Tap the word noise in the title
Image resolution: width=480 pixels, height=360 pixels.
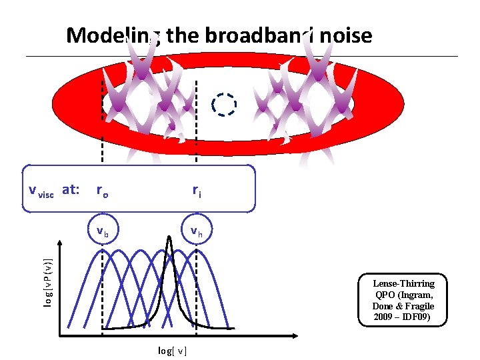coord(344,35)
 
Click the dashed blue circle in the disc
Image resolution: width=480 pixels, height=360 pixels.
coord(223,105)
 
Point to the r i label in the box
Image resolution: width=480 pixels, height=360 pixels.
coord(197,191)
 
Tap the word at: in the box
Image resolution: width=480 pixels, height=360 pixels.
coord(71,190)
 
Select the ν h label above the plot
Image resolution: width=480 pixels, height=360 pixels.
coord(197,231)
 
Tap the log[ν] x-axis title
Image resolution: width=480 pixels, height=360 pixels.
coord(172,350)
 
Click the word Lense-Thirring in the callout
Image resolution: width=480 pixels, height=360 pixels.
coord(403,283)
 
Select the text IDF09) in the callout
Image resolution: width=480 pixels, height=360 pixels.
coord(419,316)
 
